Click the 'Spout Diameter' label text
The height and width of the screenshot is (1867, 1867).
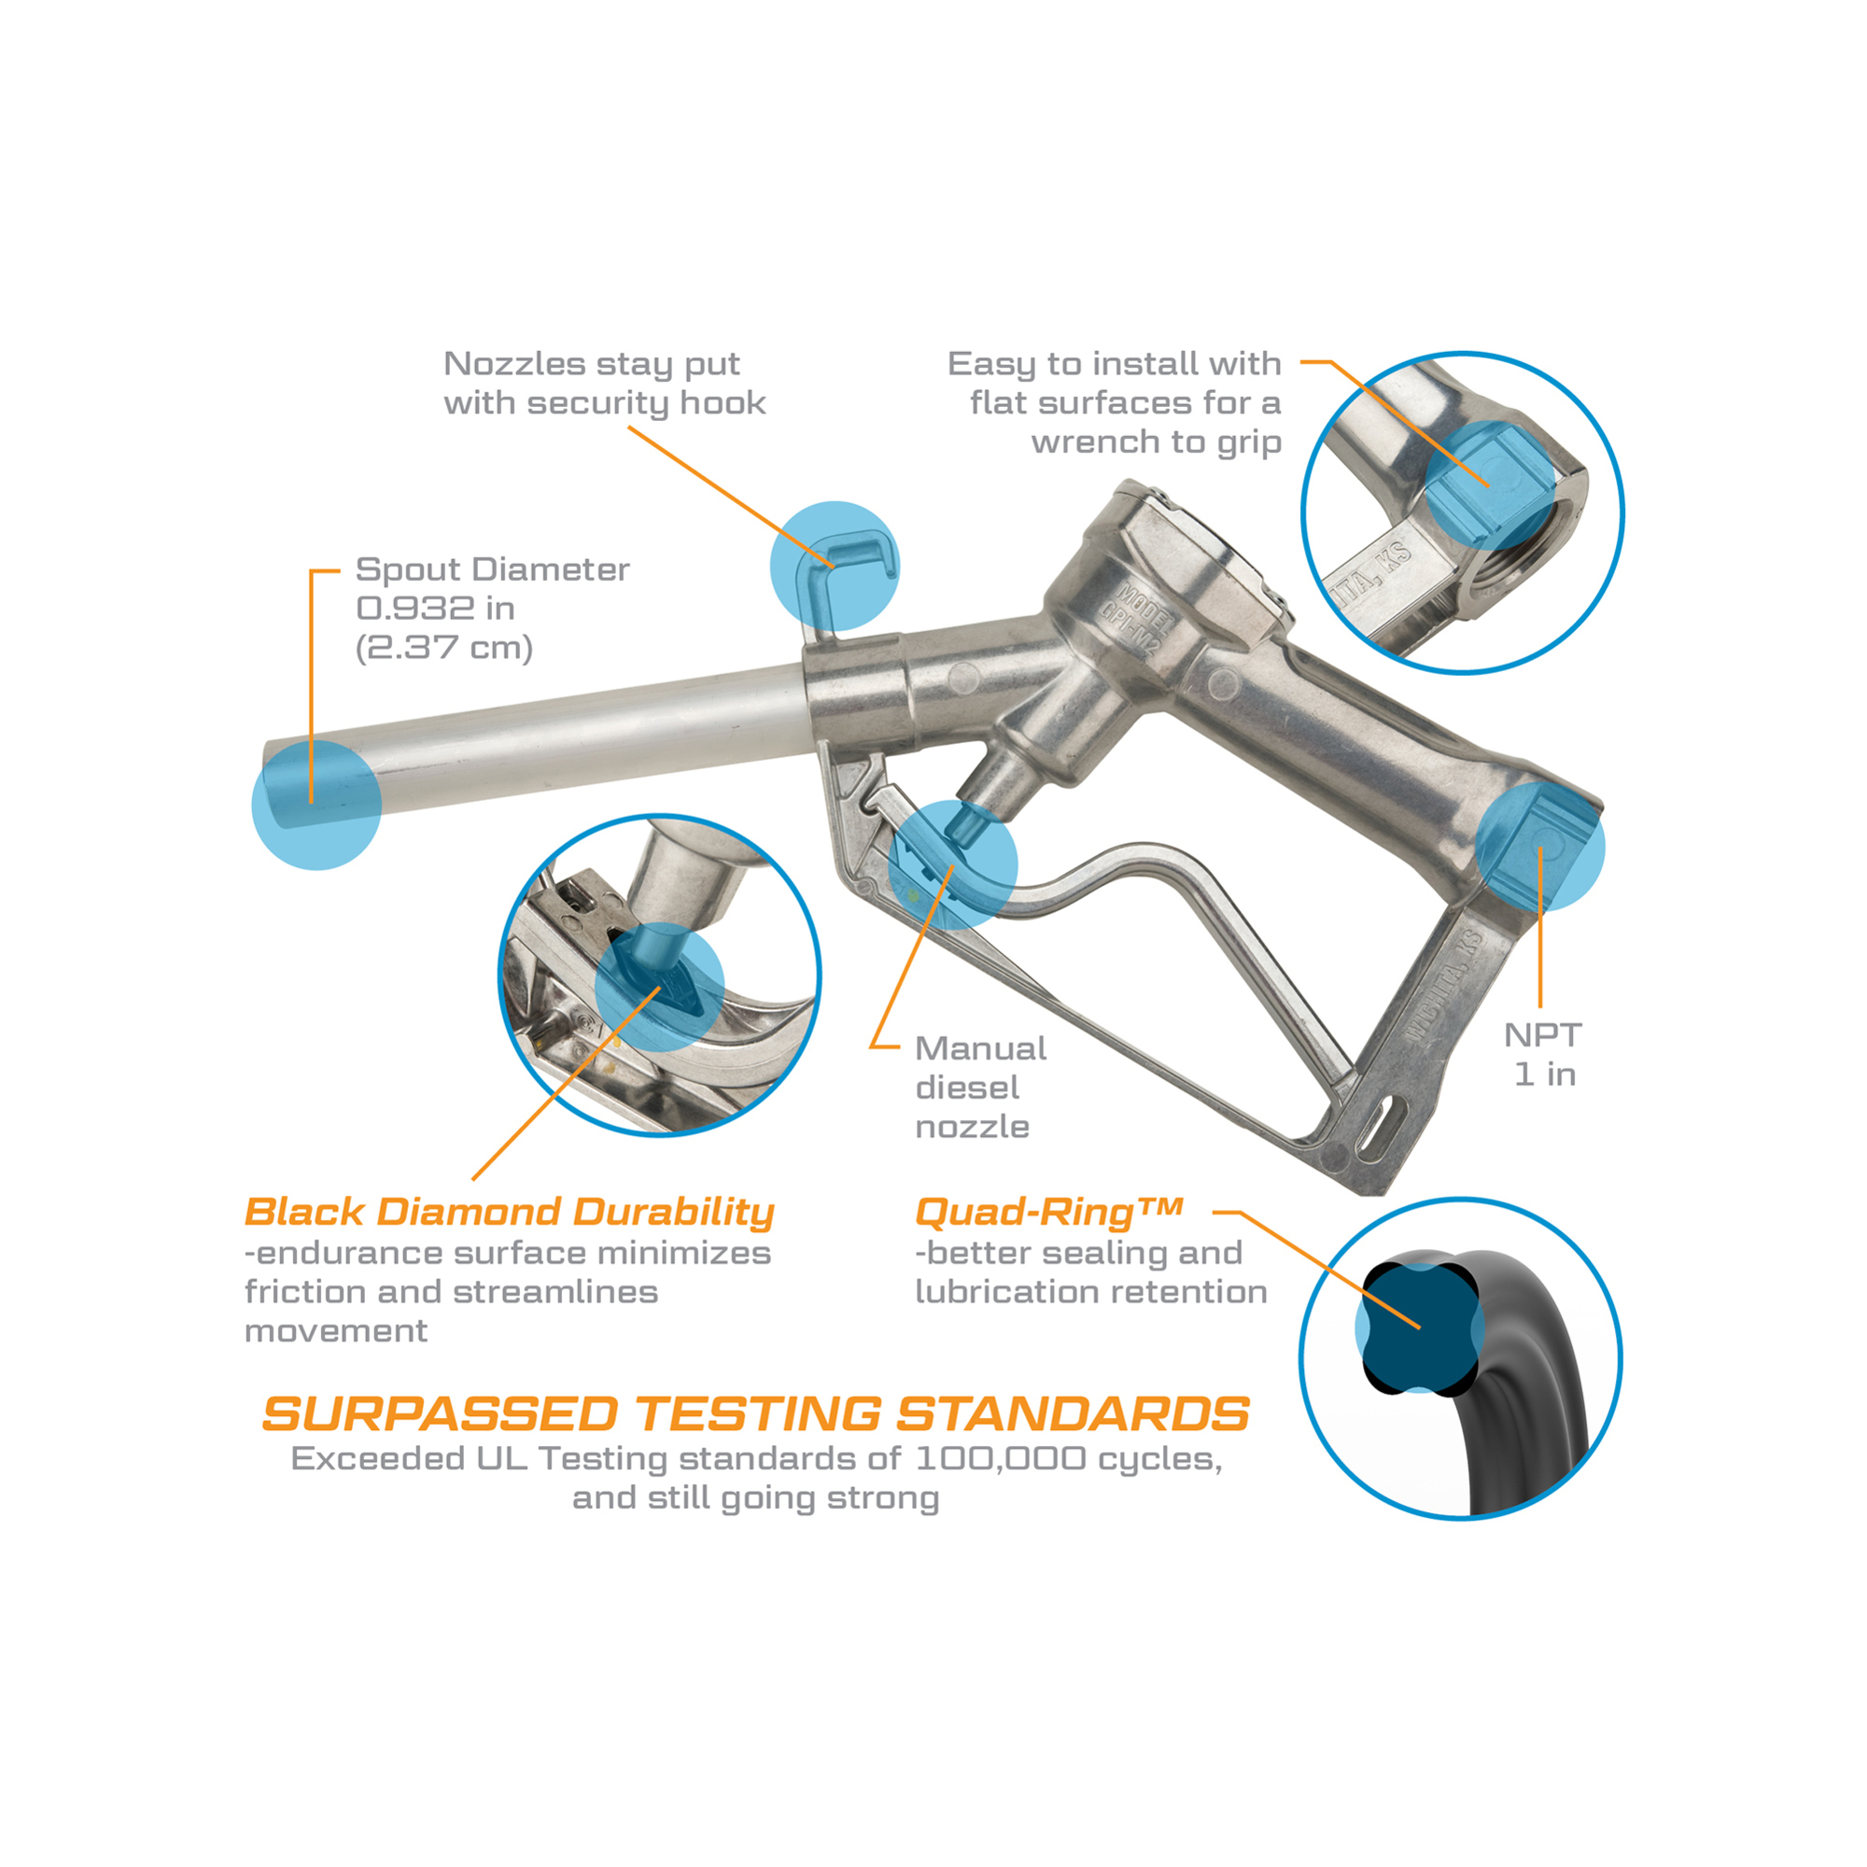pos(492,569)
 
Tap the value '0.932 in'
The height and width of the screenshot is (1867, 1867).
pos(435,608)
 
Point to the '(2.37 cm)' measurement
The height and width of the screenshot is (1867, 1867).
pos(444,648)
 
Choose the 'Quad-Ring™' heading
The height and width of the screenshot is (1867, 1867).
pos(1049,1213)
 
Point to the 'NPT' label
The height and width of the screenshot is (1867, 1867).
pos(1542,1035)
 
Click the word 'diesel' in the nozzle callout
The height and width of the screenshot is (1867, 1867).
pos(966,1088)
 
